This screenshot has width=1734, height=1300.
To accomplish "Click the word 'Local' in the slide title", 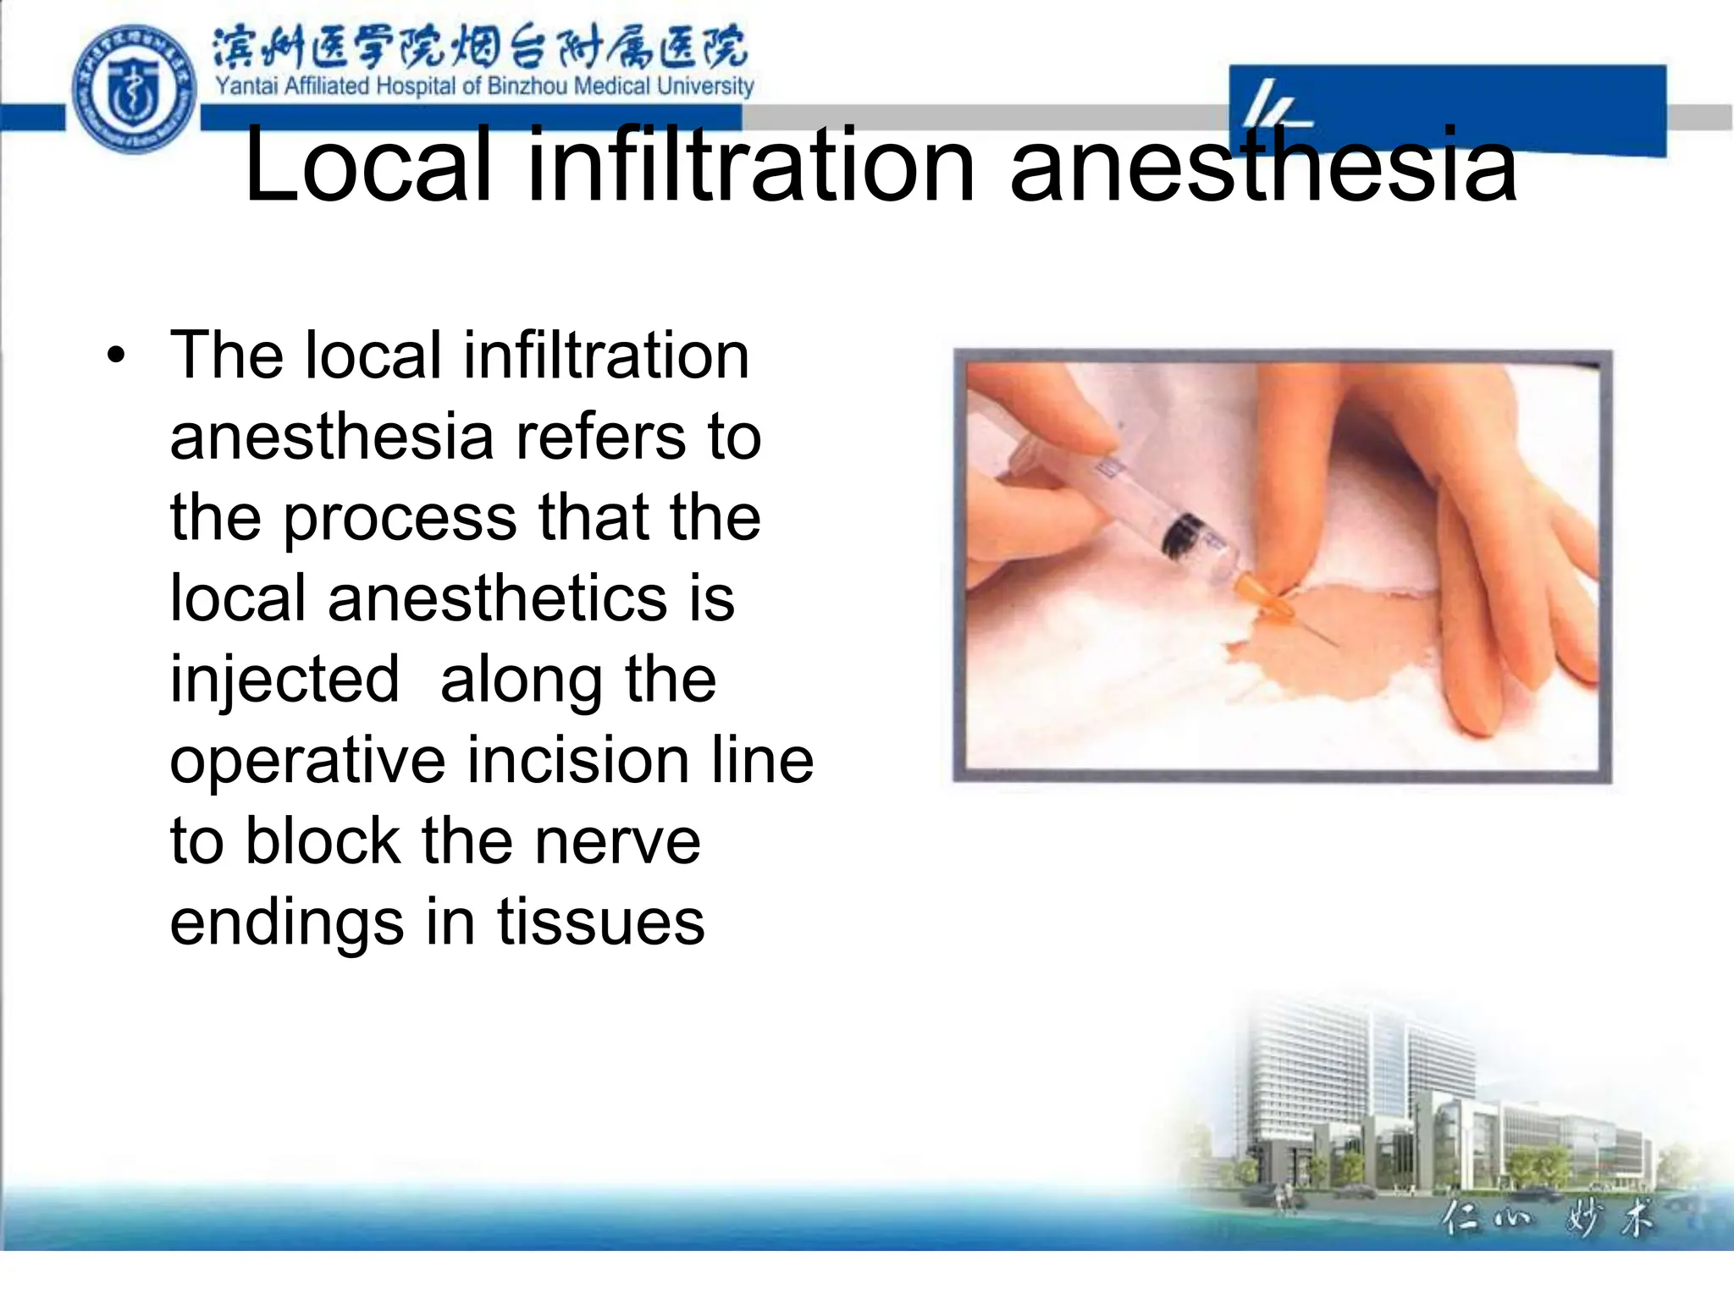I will (x=368, y=166).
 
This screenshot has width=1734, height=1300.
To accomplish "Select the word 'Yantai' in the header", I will (x=247, y=86).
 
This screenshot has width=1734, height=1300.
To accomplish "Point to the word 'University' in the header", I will (x=704, y=86).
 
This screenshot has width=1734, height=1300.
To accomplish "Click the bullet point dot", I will (x=116, y=355).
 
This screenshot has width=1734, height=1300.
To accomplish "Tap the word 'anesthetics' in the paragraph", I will (x=497, y=598).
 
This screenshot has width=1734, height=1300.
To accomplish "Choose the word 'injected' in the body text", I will (x=284, y=679).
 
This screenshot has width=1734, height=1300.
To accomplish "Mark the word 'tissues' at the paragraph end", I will (x=600, y=922).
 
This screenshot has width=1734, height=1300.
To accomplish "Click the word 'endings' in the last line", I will (x=286, y=923).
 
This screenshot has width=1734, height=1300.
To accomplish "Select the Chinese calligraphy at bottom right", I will (x=1545, y=1220).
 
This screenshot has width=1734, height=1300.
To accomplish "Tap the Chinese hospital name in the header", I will (x=479, y=47).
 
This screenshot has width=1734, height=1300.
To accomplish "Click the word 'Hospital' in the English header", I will (x=416, y=86).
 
